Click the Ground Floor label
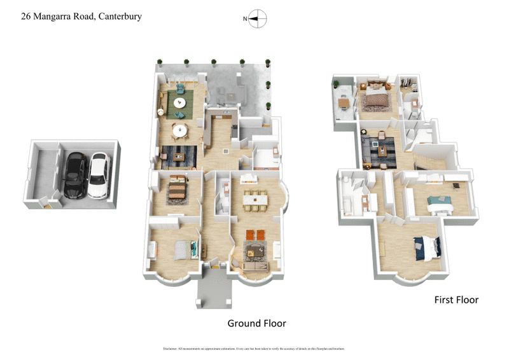[256, 323]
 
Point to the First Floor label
[456, 299]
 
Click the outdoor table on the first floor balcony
[344, 102]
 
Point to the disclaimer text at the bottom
[254, 349]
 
